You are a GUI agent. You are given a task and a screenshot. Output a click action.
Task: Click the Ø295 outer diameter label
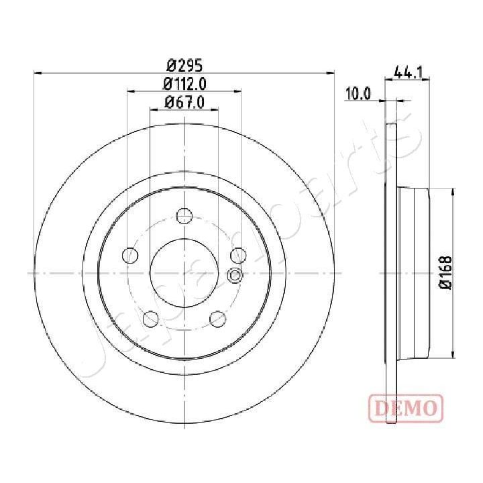[184, 65]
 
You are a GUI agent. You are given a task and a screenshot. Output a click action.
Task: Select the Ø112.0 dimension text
[184, 83]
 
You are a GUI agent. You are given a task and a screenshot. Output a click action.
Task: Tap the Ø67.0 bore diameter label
[184, 102]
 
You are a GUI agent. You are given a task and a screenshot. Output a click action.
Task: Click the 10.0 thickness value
[358, 94]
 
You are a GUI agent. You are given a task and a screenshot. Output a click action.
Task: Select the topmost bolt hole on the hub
[184, 215]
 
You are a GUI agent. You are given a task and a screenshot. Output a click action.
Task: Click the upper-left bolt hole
[131, 255]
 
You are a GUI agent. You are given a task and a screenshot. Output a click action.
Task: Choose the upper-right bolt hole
[237, 255]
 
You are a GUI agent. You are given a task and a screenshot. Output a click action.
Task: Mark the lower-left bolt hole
[151, 318]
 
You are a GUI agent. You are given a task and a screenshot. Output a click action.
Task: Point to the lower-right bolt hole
[217, 318]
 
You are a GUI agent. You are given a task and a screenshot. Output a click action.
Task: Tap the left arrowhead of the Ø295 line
[38, 73]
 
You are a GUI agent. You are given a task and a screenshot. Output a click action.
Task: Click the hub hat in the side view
[413, 272]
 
